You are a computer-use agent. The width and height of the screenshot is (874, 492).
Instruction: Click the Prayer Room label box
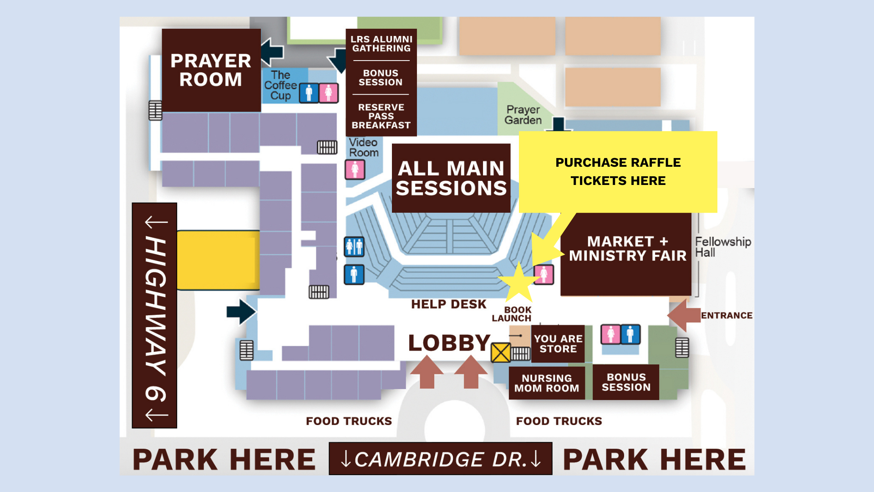pyautogui.click(x=211, y=70)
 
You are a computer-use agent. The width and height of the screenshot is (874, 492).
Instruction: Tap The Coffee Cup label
pyautogui.click(x=280, y=85)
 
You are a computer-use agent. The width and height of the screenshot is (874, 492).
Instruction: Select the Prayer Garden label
pyautogui.click(x=523, y=115)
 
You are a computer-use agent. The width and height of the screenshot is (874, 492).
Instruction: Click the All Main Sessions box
pyautogui.click(x=451, y=178)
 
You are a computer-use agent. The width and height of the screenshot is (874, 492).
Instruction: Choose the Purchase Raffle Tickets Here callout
pyautogui.click(x=618, y=172)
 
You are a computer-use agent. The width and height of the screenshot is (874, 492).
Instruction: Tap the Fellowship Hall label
pyautogui.click(x=722, y=247)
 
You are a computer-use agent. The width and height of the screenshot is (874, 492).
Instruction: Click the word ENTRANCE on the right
pyautogui.click(x=726, y=315)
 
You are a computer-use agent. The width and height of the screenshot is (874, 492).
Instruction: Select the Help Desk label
pyautogui.click(x=448, y=304)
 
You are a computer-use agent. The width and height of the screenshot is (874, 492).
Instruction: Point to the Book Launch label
pyautogui.click(x=512, y=314)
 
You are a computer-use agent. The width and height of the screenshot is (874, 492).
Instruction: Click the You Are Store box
pyautogui.click(x=558, y=344)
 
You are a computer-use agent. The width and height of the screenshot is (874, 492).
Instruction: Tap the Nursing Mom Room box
pyautogui.click(x=546, y=383)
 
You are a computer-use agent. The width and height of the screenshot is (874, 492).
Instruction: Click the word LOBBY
pyautogui.click(x=449, y=343)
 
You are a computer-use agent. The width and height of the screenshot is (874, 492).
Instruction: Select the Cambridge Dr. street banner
pyautogui.click(x=440, y=459)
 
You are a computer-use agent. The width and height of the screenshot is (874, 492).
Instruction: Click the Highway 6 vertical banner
pyautogui.click(x=154, y=315)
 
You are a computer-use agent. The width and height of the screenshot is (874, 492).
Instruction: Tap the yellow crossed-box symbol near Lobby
pyautogui.click(x=501, y=353)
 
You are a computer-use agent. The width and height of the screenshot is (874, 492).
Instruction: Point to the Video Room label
pyautogui.click(x=363, y=148)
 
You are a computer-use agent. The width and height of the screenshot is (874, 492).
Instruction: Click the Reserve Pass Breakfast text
pyautogui.click(x=381, y=116)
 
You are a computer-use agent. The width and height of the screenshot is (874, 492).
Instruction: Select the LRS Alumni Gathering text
pyautogui.click(x=381, y=44)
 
